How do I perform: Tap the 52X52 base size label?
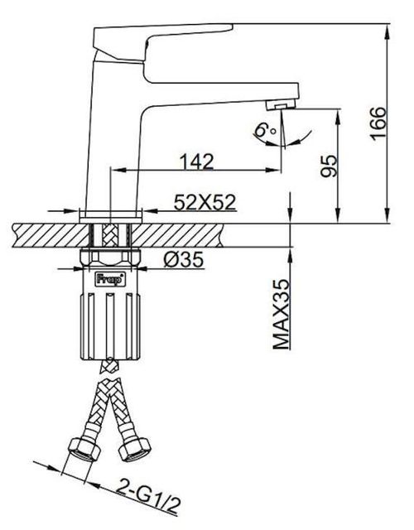(x=203, y=201)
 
